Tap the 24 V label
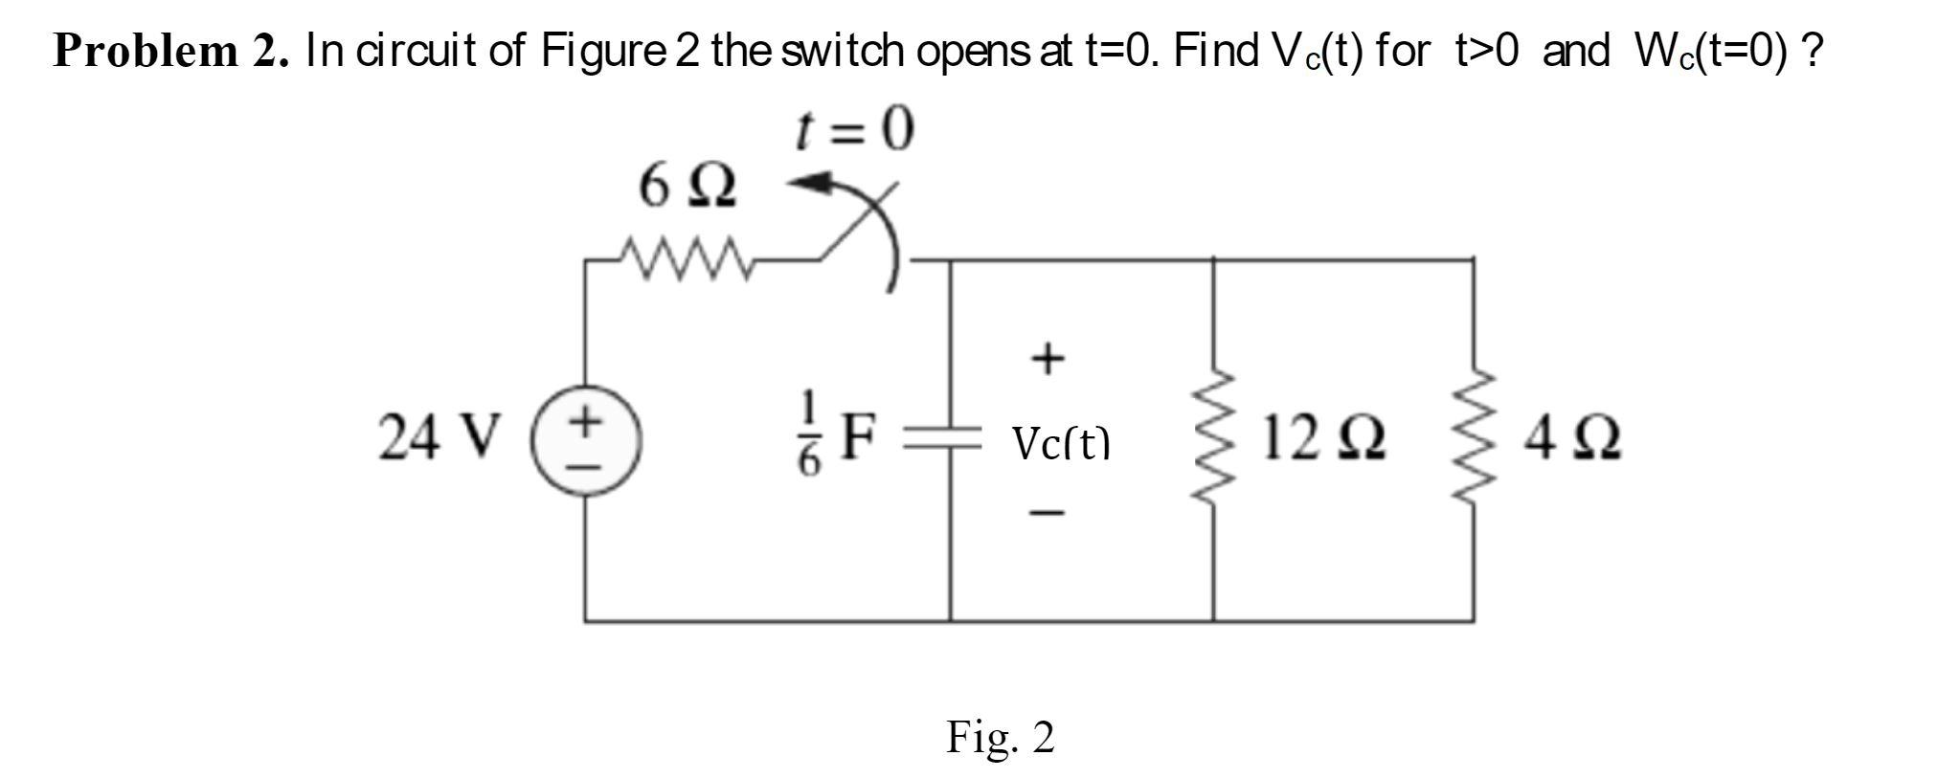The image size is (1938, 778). coord(439,438)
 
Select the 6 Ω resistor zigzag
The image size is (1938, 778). coord(686,258)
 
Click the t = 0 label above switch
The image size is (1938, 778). coord(855,131)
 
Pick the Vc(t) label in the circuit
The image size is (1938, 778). coord(1061,443)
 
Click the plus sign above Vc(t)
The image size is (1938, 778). coord(1048,359)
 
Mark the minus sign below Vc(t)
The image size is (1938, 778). coord(1047,515)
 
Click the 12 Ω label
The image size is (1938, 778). coord(1322,438)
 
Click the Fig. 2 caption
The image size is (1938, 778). coord(1000,737)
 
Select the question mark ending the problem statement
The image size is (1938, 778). coord(1811,50)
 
